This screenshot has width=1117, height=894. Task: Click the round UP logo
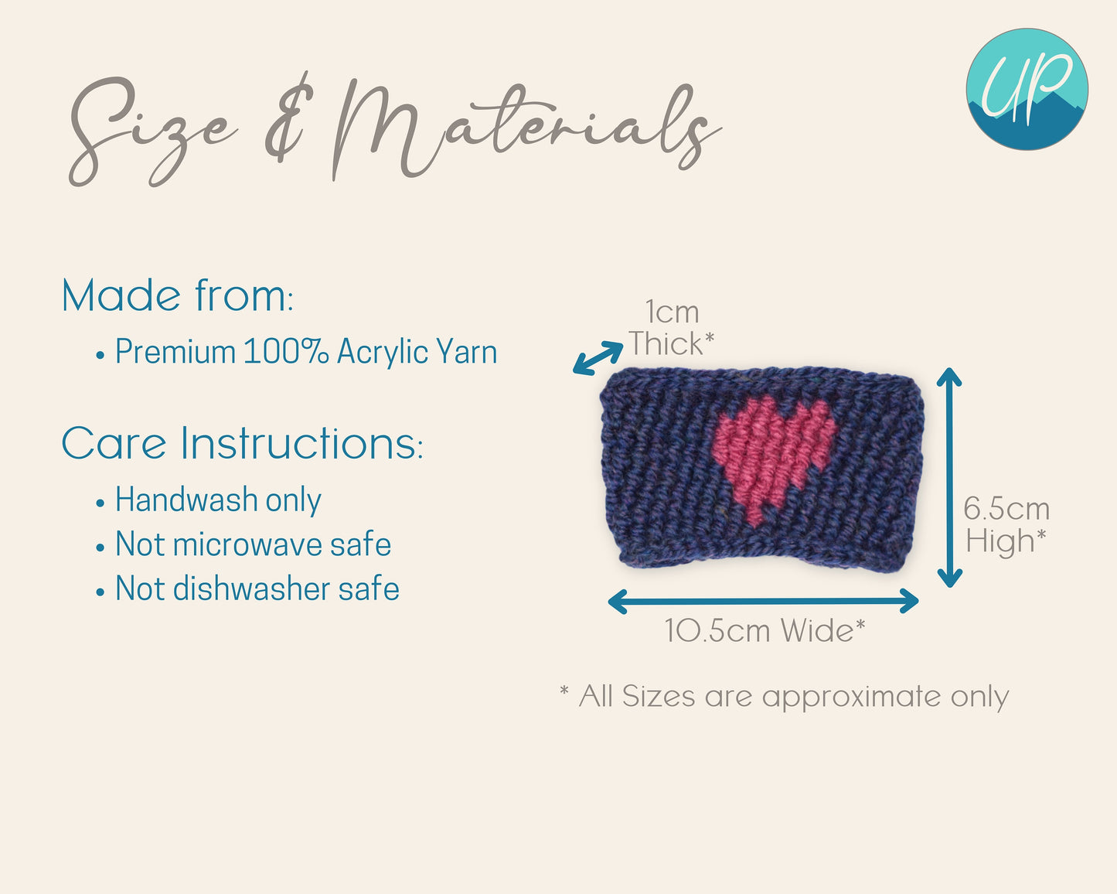click(1027, 90)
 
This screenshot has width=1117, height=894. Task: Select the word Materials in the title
click(524, 128)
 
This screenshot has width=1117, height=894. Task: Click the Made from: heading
click(178, 295)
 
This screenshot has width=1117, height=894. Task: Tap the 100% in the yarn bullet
click(286, 352)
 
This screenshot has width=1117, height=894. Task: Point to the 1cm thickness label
click(673, 312)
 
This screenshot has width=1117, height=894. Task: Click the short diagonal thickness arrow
click(598, 358)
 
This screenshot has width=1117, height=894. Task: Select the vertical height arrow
click(950, 477)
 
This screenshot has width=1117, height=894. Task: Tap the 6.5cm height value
click(1006, 509)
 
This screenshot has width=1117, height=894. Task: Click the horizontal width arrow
click(763, 602)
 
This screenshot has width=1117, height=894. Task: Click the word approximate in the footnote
click(852, 698)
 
